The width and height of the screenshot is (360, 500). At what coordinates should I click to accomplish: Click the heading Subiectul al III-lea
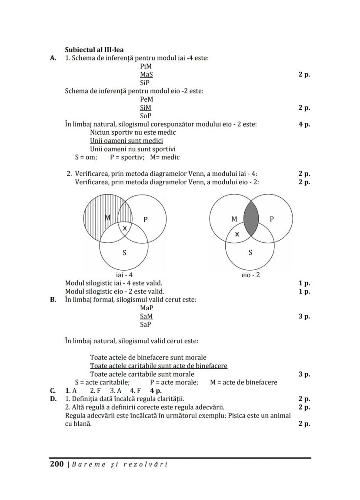(x=94, y=50)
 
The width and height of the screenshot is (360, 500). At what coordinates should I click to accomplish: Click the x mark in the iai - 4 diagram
(x=125, y=228)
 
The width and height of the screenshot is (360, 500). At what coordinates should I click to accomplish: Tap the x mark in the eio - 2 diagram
(x=237, y=234)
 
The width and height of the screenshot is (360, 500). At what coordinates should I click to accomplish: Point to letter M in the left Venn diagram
(x=108, y=217)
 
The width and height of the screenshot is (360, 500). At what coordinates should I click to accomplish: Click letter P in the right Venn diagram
(x=272, y=219)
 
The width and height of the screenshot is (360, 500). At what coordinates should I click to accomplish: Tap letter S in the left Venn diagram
(x=124, y=253)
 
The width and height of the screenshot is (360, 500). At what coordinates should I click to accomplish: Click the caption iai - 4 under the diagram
(x=124, y=275)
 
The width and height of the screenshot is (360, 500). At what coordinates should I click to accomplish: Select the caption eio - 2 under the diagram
(x=250, y=275)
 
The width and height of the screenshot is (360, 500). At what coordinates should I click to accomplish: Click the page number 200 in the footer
(x=57, y=464)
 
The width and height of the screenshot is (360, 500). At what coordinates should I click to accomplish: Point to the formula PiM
(x=146, y=66)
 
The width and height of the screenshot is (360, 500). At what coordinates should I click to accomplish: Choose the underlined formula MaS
(x=147, y=74)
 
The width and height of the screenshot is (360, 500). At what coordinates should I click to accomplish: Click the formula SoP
(x=146, y=116)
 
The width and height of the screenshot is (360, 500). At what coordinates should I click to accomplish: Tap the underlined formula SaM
(x=147, y=316)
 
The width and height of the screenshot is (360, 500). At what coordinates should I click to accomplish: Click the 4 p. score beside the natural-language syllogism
(x=304, y=124)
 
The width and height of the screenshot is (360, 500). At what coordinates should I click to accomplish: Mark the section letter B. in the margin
(x=53, y=300)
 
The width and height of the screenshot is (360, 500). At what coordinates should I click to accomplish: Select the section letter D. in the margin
(x=53, y=399)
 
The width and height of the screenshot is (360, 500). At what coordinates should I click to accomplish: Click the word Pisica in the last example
(x=237, y=415)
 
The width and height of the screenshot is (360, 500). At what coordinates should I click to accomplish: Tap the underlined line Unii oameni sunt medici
(x=127, y=141)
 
